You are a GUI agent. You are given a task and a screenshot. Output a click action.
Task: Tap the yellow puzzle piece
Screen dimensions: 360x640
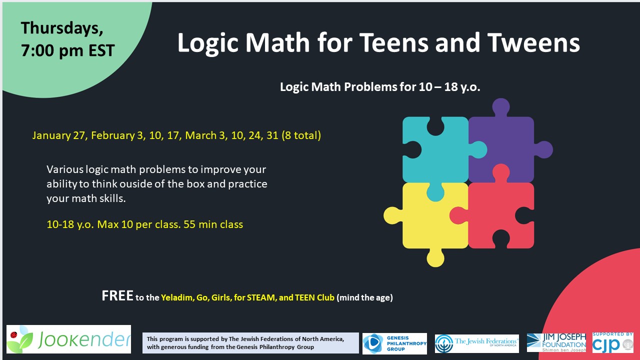430,220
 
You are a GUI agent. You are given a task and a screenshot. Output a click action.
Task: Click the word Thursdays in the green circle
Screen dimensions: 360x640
62,28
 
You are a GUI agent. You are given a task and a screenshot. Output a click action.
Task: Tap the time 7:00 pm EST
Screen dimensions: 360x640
67,50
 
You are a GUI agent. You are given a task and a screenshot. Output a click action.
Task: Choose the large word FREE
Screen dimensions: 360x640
117,296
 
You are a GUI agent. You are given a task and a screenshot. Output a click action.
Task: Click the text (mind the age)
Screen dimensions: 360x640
364,297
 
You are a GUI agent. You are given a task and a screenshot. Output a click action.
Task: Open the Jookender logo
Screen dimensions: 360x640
68,339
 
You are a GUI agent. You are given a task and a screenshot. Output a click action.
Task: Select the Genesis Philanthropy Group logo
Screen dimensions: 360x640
394,343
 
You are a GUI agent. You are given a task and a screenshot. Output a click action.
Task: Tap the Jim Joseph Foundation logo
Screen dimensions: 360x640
556,343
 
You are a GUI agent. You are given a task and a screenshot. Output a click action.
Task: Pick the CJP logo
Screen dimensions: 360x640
612,343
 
